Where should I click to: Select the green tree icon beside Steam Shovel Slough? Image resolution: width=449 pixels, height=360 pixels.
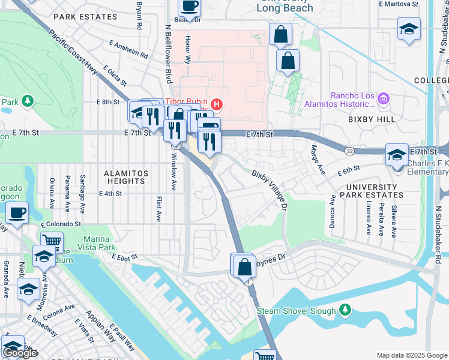coord(345,310)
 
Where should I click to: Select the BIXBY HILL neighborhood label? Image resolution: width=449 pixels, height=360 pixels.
coord(372,119)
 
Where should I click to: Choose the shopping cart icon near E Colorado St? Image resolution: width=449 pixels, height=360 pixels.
coord(52,242)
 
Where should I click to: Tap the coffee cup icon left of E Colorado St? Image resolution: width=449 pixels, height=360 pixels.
coord(16,212)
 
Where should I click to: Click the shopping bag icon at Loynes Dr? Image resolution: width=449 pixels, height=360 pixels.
coord(244,266)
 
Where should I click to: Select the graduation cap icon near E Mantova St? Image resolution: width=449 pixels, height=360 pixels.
coord(409,29)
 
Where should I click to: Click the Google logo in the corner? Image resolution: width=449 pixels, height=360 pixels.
coord(20,353)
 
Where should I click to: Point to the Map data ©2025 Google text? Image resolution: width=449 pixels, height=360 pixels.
coord(411,355)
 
